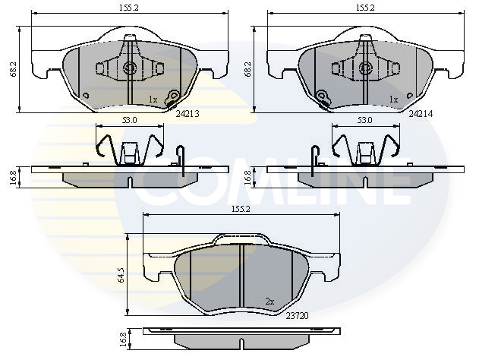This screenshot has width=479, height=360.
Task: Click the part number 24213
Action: pos(188,114)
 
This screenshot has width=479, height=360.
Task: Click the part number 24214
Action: pos(421,114)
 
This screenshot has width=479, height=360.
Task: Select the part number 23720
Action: pos(297,316)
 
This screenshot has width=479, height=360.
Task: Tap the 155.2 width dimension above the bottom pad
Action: pos(241,209)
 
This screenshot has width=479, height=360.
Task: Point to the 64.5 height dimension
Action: pos(121,274)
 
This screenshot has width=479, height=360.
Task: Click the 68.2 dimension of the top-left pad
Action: pos(14,69)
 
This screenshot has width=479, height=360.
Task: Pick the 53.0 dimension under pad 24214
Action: pos(364,120)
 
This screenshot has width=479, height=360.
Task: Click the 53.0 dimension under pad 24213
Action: pos(130,120)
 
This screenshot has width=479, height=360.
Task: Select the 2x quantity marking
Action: pos(269,302)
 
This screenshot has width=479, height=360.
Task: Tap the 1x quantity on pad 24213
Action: pos(153,99)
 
